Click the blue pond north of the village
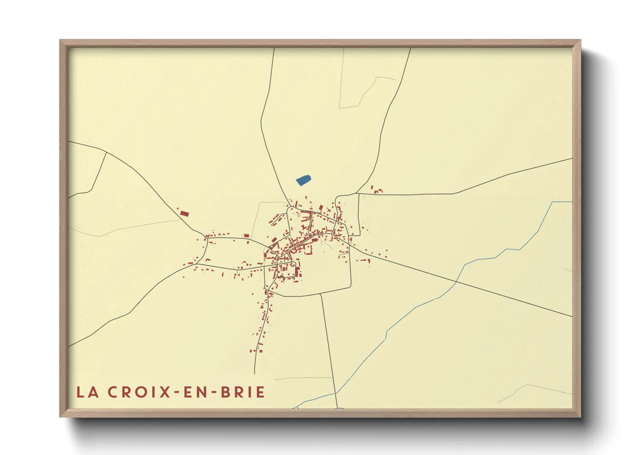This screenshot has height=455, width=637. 304,180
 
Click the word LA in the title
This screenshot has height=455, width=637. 87,392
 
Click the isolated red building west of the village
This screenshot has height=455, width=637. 184,213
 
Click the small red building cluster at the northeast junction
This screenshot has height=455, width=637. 377,190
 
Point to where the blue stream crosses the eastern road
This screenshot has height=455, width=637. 456,282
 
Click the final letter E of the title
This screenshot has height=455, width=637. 260,392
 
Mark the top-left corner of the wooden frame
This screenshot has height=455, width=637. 60,40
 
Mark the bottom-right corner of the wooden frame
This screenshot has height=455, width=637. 580,416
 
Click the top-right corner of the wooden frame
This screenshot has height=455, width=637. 580,40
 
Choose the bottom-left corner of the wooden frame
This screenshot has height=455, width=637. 60,416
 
